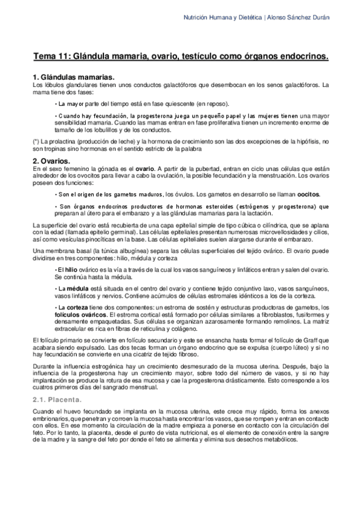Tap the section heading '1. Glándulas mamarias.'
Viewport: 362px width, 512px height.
[x=73, y=78]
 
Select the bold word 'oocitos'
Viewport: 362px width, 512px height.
[x=308, y=194]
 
